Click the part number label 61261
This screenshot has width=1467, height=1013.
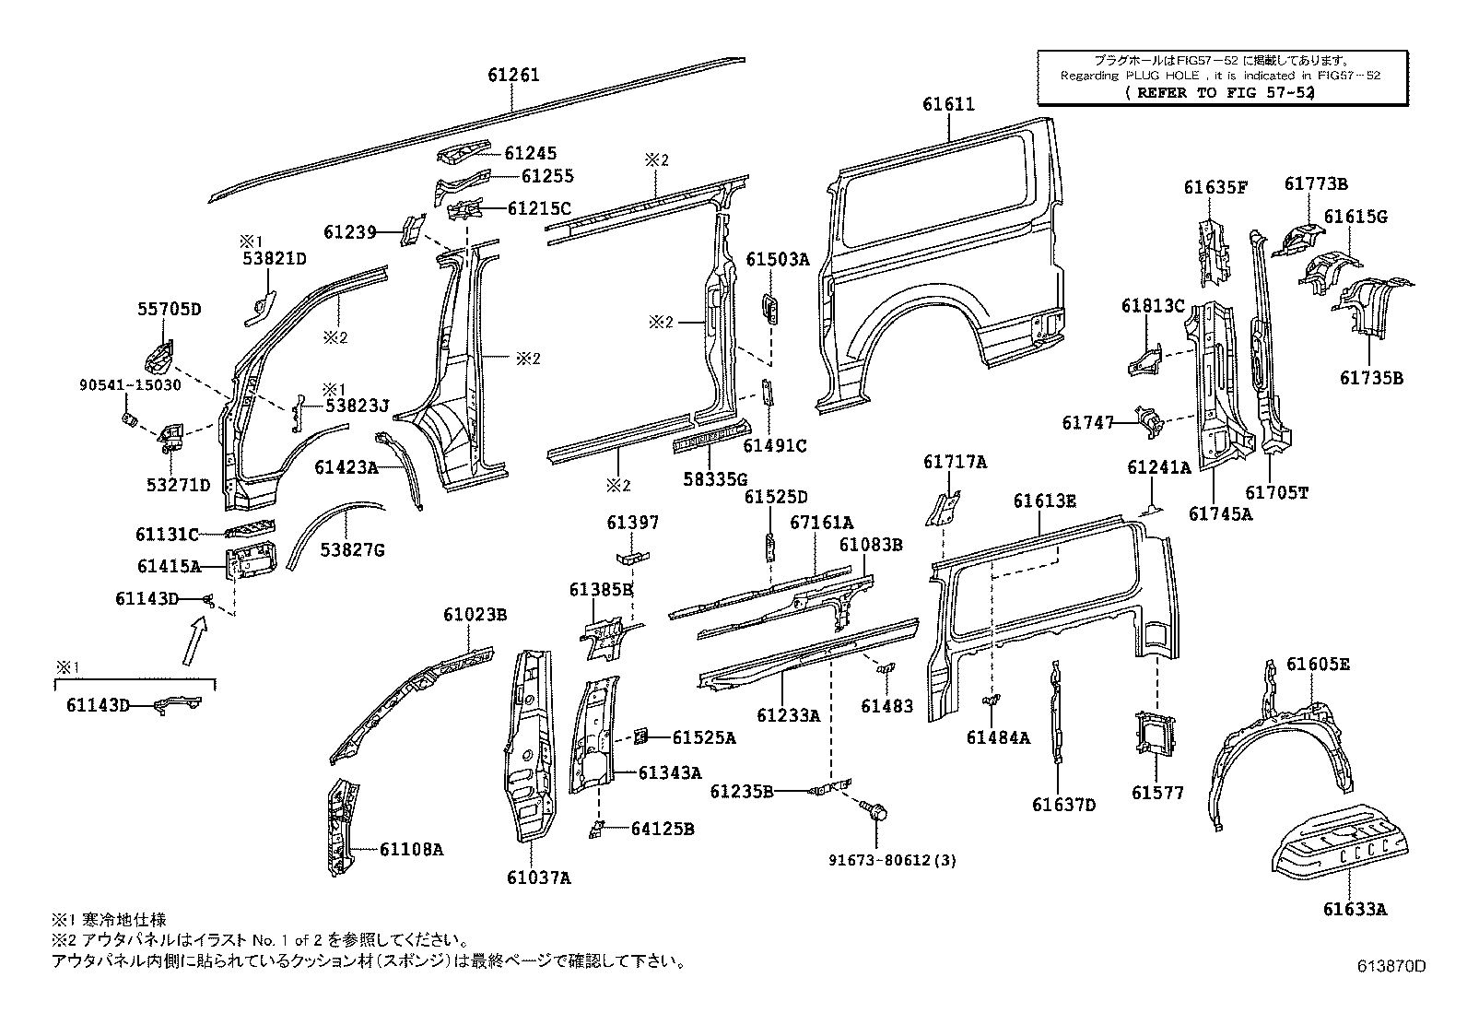pyautogui.click(x=513, y=76)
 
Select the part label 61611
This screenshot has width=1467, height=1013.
pyautogui.click(x=948, y=105)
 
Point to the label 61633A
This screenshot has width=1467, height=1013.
pyautogui.click(x=1355, y=910)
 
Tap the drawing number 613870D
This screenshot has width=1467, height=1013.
pyautogui.click(x=1391, y=966)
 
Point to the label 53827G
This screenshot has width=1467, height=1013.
pyautogui.click(x=352, y=551)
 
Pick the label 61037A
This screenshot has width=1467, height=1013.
pyautogui.click(x=538, y=878)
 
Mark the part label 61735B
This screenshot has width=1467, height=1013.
pyautogui.click(x=1371, y=378)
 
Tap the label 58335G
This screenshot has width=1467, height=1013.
pyautogui.click(x=715, y=477)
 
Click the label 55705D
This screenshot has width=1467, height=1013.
pyautogui.click(x=170, y=309)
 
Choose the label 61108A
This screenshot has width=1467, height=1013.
pyautogui.click(x=410, y=849)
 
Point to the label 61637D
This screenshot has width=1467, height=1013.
pyautogui.click(x=1063, y=804)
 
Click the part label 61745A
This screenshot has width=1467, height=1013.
pyautogui.click(x=1220, y=514)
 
